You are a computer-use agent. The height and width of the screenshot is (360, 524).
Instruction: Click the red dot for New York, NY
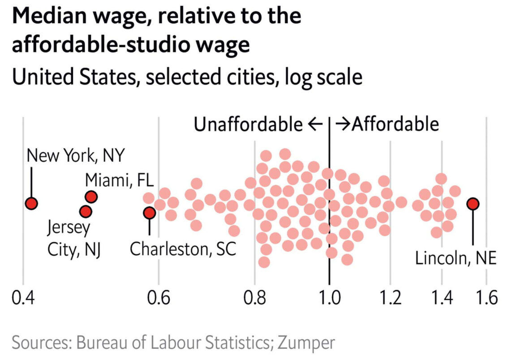click(31, 204)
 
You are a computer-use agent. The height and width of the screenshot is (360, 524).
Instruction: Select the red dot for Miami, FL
click(91, 197)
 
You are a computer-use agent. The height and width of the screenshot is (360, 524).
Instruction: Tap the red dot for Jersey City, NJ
click(86, 211)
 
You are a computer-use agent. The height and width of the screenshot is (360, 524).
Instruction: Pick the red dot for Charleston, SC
click(149, 213)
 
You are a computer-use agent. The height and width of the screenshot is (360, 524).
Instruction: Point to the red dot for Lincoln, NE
click(472, 204)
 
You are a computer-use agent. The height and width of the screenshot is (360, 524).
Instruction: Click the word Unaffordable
click(248, 124)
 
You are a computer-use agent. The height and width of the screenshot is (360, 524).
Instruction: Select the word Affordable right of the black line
click(395, 124)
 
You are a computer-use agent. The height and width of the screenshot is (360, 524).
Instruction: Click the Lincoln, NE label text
click(455, 259)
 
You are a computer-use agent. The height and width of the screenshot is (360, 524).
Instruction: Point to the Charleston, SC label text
click(183, 249)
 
